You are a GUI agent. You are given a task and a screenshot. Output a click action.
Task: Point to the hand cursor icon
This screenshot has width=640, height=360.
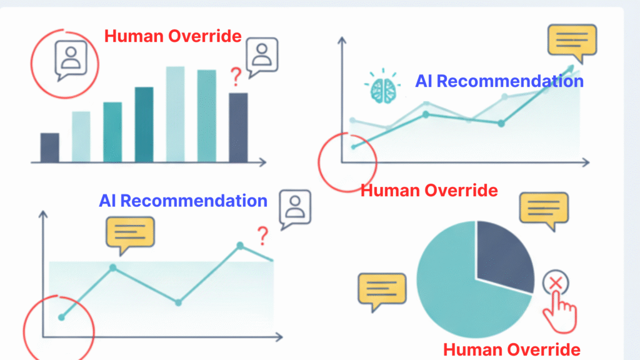tap(561, 311)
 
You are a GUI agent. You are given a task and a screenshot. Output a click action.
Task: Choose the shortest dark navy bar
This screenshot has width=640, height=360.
tap(50, 147)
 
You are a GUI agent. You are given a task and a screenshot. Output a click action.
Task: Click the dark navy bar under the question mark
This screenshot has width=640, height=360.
tap(238, 127)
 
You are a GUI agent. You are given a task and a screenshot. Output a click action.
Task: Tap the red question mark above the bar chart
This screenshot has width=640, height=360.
tap(236, 77)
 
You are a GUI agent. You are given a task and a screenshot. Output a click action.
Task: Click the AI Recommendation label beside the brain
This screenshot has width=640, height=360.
tap(499, 81)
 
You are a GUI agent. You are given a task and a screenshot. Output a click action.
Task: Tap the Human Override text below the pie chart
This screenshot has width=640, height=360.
tap(512, 349)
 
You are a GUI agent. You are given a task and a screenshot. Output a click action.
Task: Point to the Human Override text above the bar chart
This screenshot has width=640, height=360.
tap(173, 36)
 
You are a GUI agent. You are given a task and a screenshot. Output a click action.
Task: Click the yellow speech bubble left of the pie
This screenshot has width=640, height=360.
tap(382, 291)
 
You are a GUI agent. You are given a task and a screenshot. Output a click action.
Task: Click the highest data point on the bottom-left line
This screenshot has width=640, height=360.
tap(240, 246)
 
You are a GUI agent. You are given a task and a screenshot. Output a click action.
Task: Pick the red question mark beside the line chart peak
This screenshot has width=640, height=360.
tap(262, 236)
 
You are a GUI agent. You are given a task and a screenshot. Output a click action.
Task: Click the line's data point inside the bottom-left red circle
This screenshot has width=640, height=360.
tap(61, 317)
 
